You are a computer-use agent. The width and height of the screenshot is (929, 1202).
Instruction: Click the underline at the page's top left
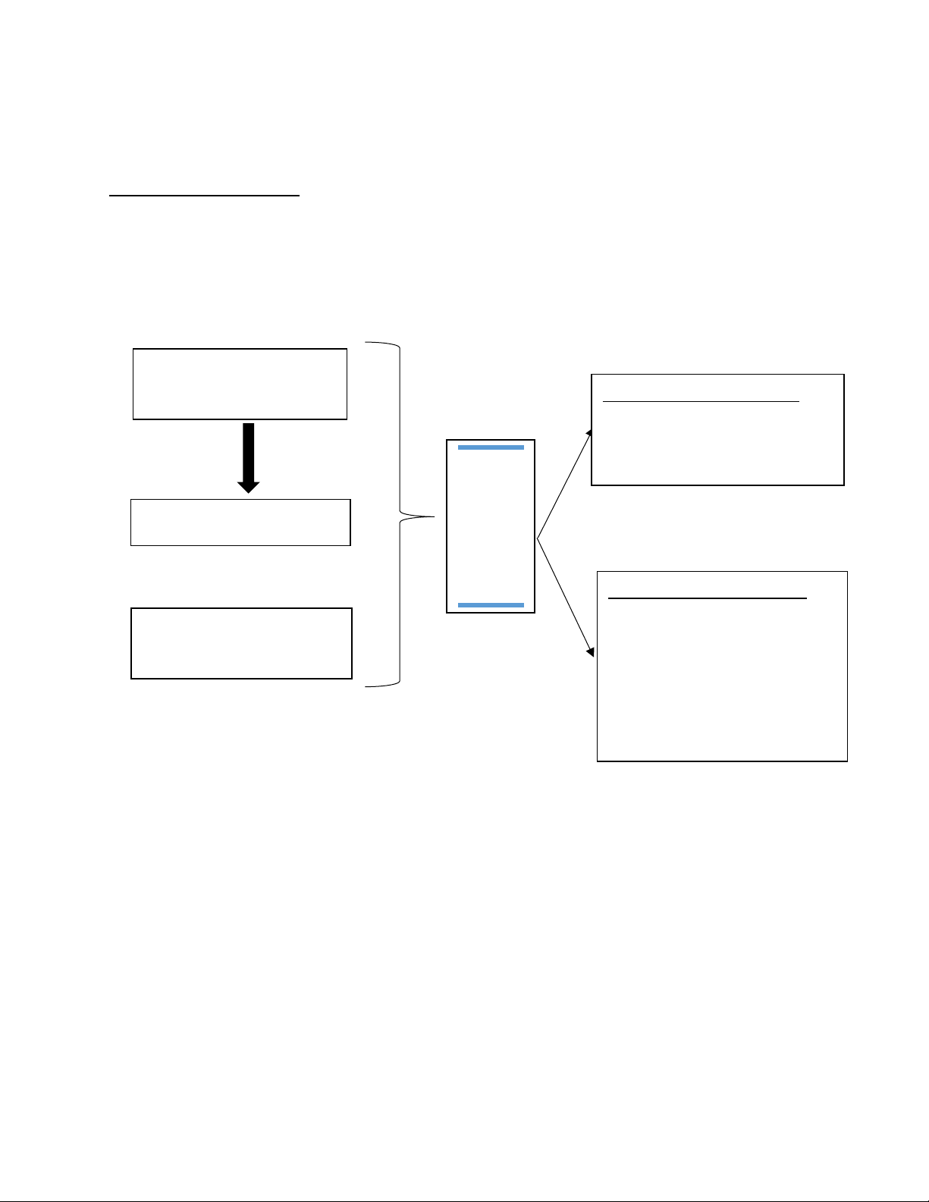(205, 196)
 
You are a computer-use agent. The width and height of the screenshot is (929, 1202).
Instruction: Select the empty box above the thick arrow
(240, 384)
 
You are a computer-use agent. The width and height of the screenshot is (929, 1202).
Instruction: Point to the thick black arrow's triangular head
(248, 486)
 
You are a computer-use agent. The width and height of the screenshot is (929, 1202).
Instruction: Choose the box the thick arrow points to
(240, 523)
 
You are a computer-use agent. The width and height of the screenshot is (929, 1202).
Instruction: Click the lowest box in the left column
(241, 643)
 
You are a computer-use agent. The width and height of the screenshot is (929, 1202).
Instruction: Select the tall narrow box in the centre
(491, 526)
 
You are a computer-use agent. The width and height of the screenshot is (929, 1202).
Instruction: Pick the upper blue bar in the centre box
(491, 448)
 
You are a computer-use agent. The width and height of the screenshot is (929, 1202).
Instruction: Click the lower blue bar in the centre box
(491, 605)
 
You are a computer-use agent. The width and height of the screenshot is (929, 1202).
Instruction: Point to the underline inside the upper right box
(701, 401)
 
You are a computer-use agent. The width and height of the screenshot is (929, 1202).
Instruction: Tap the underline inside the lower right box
(708, 598)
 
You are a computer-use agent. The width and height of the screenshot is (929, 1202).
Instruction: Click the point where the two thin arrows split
(537, 539)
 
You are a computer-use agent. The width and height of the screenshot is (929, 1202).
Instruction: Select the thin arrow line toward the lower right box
(563, 595)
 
